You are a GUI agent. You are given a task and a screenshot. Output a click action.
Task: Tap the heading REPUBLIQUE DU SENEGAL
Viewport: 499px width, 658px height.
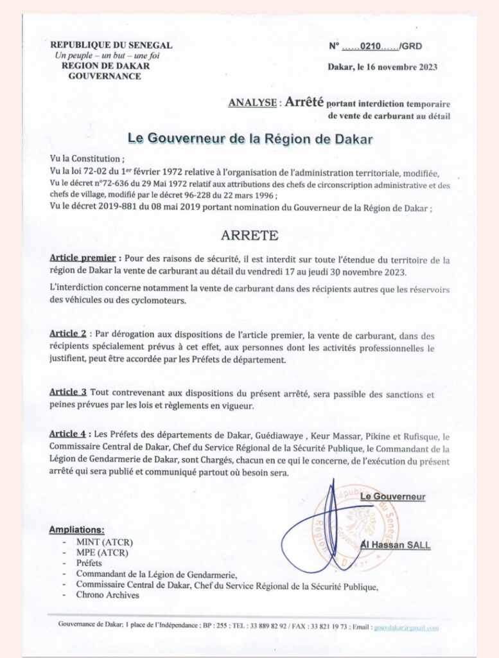click(111, 45)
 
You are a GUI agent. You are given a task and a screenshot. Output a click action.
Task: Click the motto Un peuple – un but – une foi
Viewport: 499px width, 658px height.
click(107, 55)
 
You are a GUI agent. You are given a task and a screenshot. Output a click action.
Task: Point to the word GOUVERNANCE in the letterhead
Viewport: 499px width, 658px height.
click(105, 76)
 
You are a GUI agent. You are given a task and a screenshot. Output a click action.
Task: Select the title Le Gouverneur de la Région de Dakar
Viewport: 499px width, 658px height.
click(250, 138)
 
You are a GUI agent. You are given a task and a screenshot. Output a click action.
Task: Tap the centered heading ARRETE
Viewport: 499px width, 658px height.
click(250, 235)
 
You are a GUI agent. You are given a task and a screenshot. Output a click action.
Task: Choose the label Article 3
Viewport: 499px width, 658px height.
click(68, 392)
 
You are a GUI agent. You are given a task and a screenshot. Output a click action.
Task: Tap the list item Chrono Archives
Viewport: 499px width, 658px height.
click(107, 595)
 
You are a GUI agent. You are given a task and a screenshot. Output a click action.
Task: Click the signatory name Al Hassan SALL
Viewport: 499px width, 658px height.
click(395, 546)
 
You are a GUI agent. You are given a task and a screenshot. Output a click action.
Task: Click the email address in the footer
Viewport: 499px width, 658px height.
click(407, 628)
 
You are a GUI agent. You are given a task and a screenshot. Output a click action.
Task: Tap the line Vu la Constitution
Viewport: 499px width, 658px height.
click(88, 159)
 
